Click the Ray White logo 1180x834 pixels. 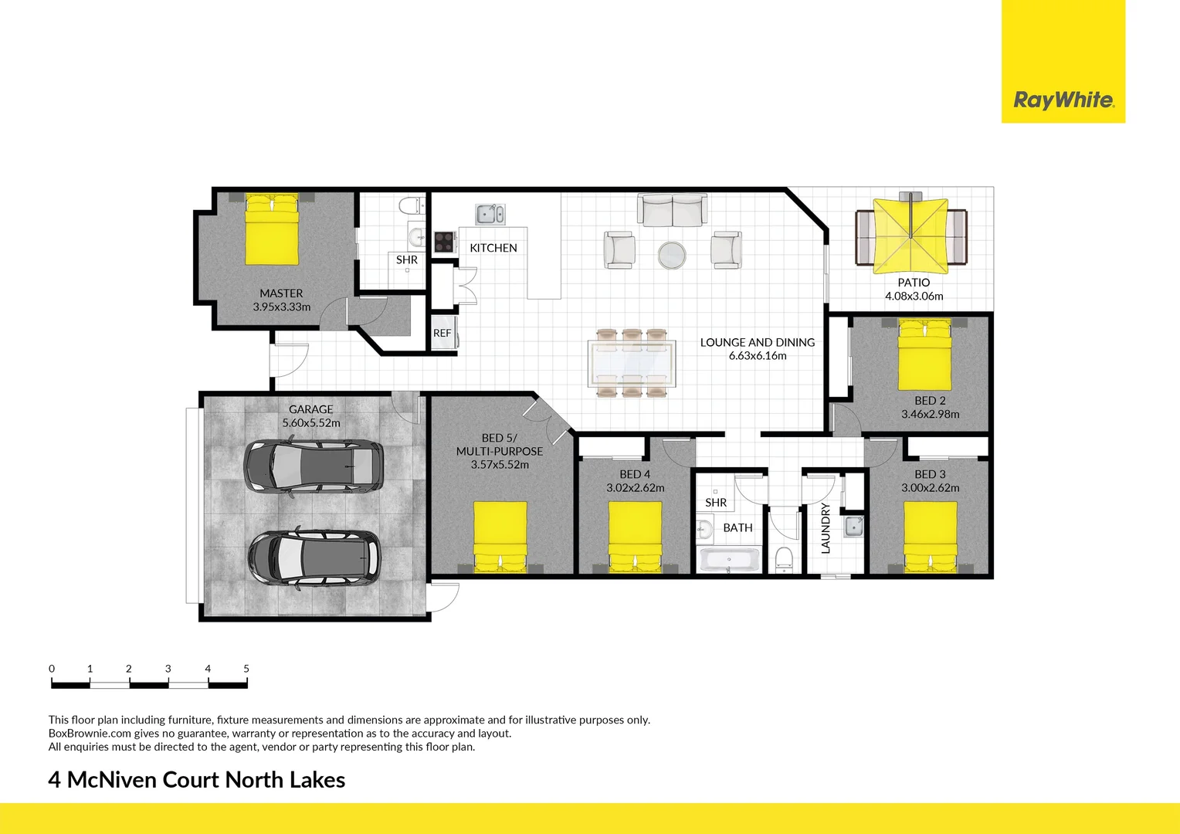click(x=1063, y=100)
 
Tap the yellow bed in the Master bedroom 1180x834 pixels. click(x=272, y=230)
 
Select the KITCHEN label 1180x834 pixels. click(x=493, y=248)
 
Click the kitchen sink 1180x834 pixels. click(x=490, y=214)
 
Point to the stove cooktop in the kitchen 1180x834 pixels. click(x=443, y=242)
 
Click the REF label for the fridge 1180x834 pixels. click(x=442, y=334)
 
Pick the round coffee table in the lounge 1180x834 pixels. click(x=672, y=255)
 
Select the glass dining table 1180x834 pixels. click(x=631, y=363)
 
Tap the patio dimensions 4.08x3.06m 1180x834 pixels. click(x=914, y=296)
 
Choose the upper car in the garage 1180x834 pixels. click(x=313, y=466)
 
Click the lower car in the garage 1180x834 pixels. click(x=313, y=556)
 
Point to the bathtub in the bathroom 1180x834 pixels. click(x=730, y=560)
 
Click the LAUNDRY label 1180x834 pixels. click(x=826, y=528)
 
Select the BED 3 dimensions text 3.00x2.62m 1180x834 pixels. click(x=930, y=488)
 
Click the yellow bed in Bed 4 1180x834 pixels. click(x=635, y=536)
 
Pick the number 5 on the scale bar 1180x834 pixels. click(x=246, y=669)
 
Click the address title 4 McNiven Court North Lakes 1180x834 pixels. click(x=197, y=780)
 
